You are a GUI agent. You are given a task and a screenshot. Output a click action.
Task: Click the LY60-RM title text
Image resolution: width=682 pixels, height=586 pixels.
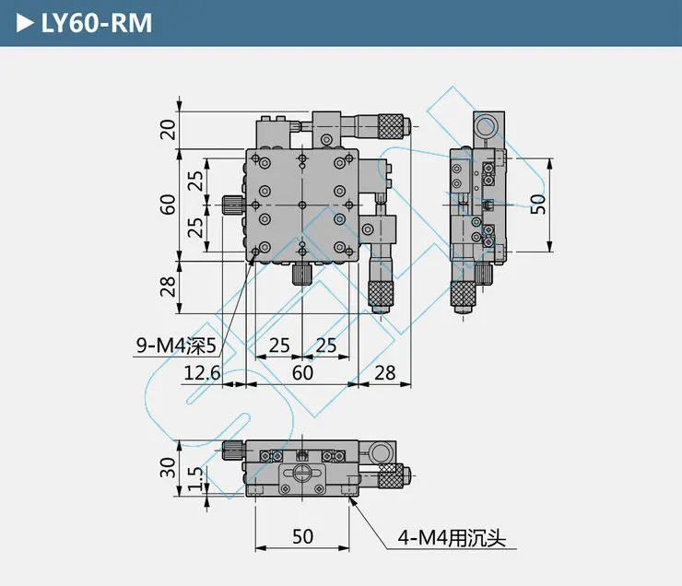click(97, 23)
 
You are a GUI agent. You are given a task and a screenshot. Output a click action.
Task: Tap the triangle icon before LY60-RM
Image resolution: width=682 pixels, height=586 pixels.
click(25, 23)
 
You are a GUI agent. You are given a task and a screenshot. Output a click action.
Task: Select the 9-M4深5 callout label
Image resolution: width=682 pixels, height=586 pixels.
click(176, 346)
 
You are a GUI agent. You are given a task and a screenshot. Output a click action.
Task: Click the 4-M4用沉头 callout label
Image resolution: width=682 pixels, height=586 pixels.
click(452, 538)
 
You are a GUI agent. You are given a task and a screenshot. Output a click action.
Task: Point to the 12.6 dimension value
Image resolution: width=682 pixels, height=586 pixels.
click(202, 373)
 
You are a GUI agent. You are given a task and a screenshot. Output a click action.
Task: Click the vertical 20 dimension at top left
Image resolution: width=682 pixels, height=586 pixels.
click(168, 129)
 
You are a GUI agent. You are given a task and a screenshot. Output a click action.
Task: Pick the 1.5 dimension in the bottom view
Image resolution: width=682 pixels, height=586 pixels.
click(195, 478)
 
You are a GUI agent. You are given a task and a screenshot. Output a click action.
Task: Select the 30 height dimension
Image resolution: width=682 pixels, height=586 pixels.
click(168, 468)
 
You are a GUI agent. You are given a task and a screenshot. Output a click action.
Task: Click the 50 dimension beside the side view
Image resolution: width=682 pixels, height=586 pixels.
click(538, 205)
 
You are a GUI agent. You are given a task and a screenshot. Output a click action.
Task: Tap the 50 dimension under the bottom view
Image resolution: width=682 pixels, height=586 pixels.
click(302, 537)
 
